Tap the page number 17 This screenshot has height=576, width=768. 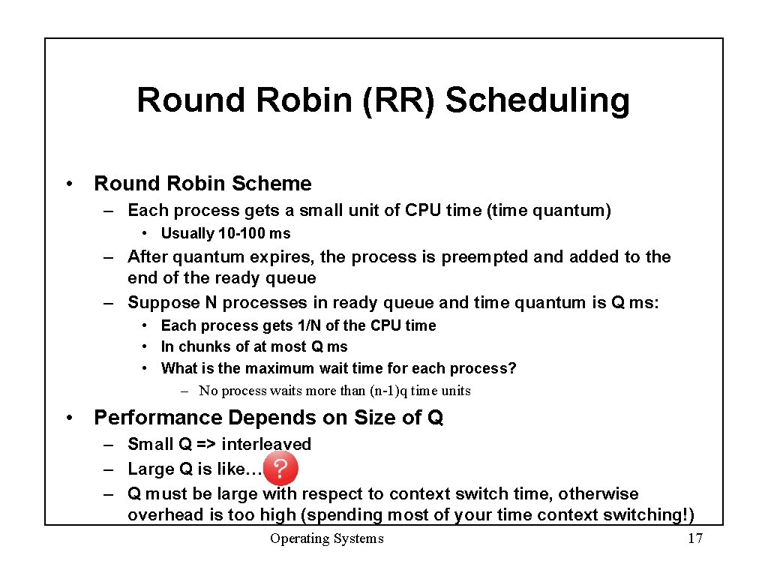click(694, 538)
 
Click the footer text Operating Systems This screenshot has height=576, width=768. click(326, 538)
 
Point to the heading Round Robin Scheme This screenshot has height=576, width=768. click(202, 184)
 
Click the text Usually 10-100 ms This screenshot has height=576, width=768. click(226, 233)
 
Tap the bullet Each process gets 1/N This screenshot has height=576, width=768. click(298, 325)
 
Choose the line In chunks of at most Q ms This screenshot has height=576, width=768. click(254, 346)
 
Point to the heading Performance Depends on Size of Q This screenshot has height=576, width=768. click(268, 418)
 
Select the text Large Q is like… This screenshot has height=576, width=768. click(194, 469)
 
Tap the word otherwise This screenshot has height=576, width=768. click(598, 494)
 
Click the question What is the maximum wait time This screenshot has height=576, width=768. click(338, 368)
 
